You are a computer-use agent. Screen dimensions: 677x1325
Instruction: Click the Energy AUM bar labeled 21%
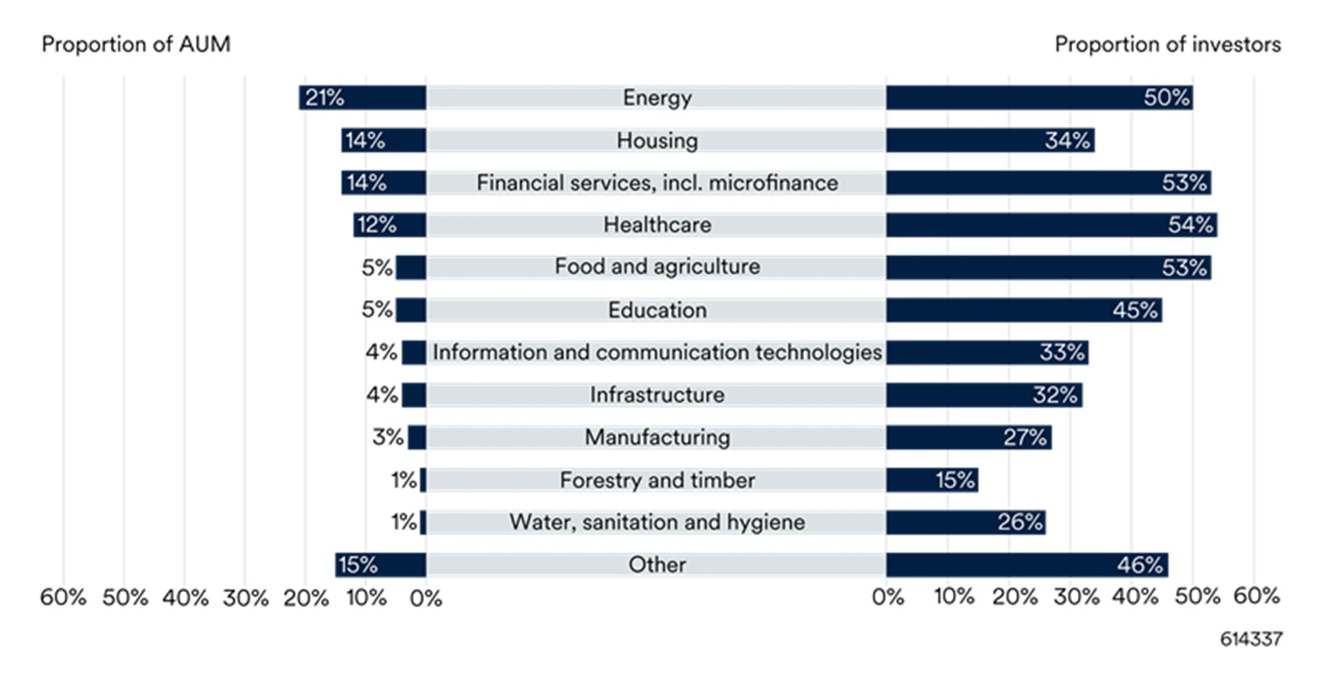coord(362,98)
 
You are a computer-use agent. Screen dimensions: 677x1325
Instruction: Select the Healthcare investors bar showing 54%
coord(1051,225)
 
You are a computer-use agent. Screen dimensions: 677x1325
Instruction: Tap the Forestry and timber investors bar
coord(932,480)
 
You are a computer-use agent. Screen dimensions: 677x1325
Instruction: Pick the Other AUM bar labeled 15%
coord(381,565)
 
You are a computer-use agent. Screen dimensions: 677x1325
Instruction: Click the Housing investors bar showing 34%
coord(989,140)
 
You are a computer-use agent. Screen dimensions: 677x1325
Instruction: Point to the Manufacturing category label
coord(657,438)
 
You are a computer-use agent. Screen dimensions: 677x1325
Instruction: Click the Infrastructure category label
coord(657,395)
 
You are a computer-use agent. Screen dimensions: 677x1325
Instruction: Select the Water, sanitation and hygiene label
coord(657,522)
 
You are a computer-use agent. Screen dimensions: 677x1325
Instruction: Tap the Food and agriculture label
coord(657,267)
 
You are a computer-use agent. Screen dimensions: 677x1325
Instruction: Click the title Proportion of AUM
coord(136,45)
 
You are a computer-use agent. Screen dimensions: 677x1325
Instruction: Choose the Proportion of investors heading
coord(1167,45)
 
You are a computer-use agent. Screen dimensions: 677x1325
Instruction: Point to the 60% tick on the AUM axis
coord(63,598)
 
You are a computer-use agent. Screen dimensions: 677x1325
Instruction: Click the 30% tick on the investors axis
coord(1075,598)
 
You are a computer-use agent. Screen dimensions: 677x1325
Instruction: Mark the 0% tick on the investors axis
coord(888,598)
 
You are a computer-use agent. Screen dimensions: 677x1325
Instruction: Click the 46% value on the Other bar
coord(1139,565)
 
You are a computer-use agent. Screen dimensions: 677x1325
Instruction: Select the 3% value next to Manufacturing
coord(387,438)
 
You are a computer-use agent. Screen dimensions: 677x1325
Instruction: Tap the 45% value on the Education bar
coord(1135,311)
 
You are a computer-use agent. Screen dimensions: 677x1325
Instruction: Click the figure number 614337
coord(1250,640)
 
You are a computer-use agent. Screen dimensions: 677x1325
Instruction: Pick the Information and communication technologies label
coord(657,353)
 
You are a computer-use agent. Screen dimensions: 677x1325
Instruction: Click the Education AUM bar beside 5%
coord(411,310)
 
